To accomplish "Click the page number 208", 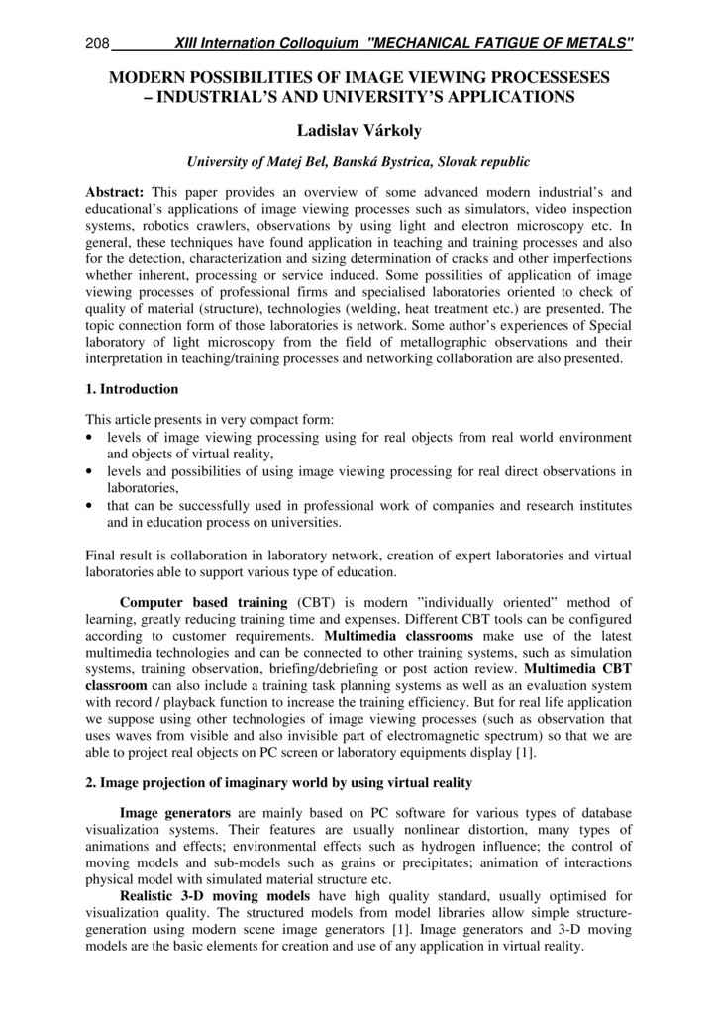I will [x=97, y=44].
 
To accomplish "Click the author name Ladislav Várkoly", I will [x=358, y=131].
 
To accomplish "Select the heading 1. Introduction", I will [x=133, y=389].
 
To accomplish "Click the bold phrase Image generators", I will [x=175, y=812].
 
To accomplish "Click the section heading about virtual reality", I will [x=279, y=782].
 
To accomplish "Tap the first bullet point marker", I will [x=92, y=438].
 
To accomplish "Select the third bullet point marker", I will [x=92, y=506].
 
